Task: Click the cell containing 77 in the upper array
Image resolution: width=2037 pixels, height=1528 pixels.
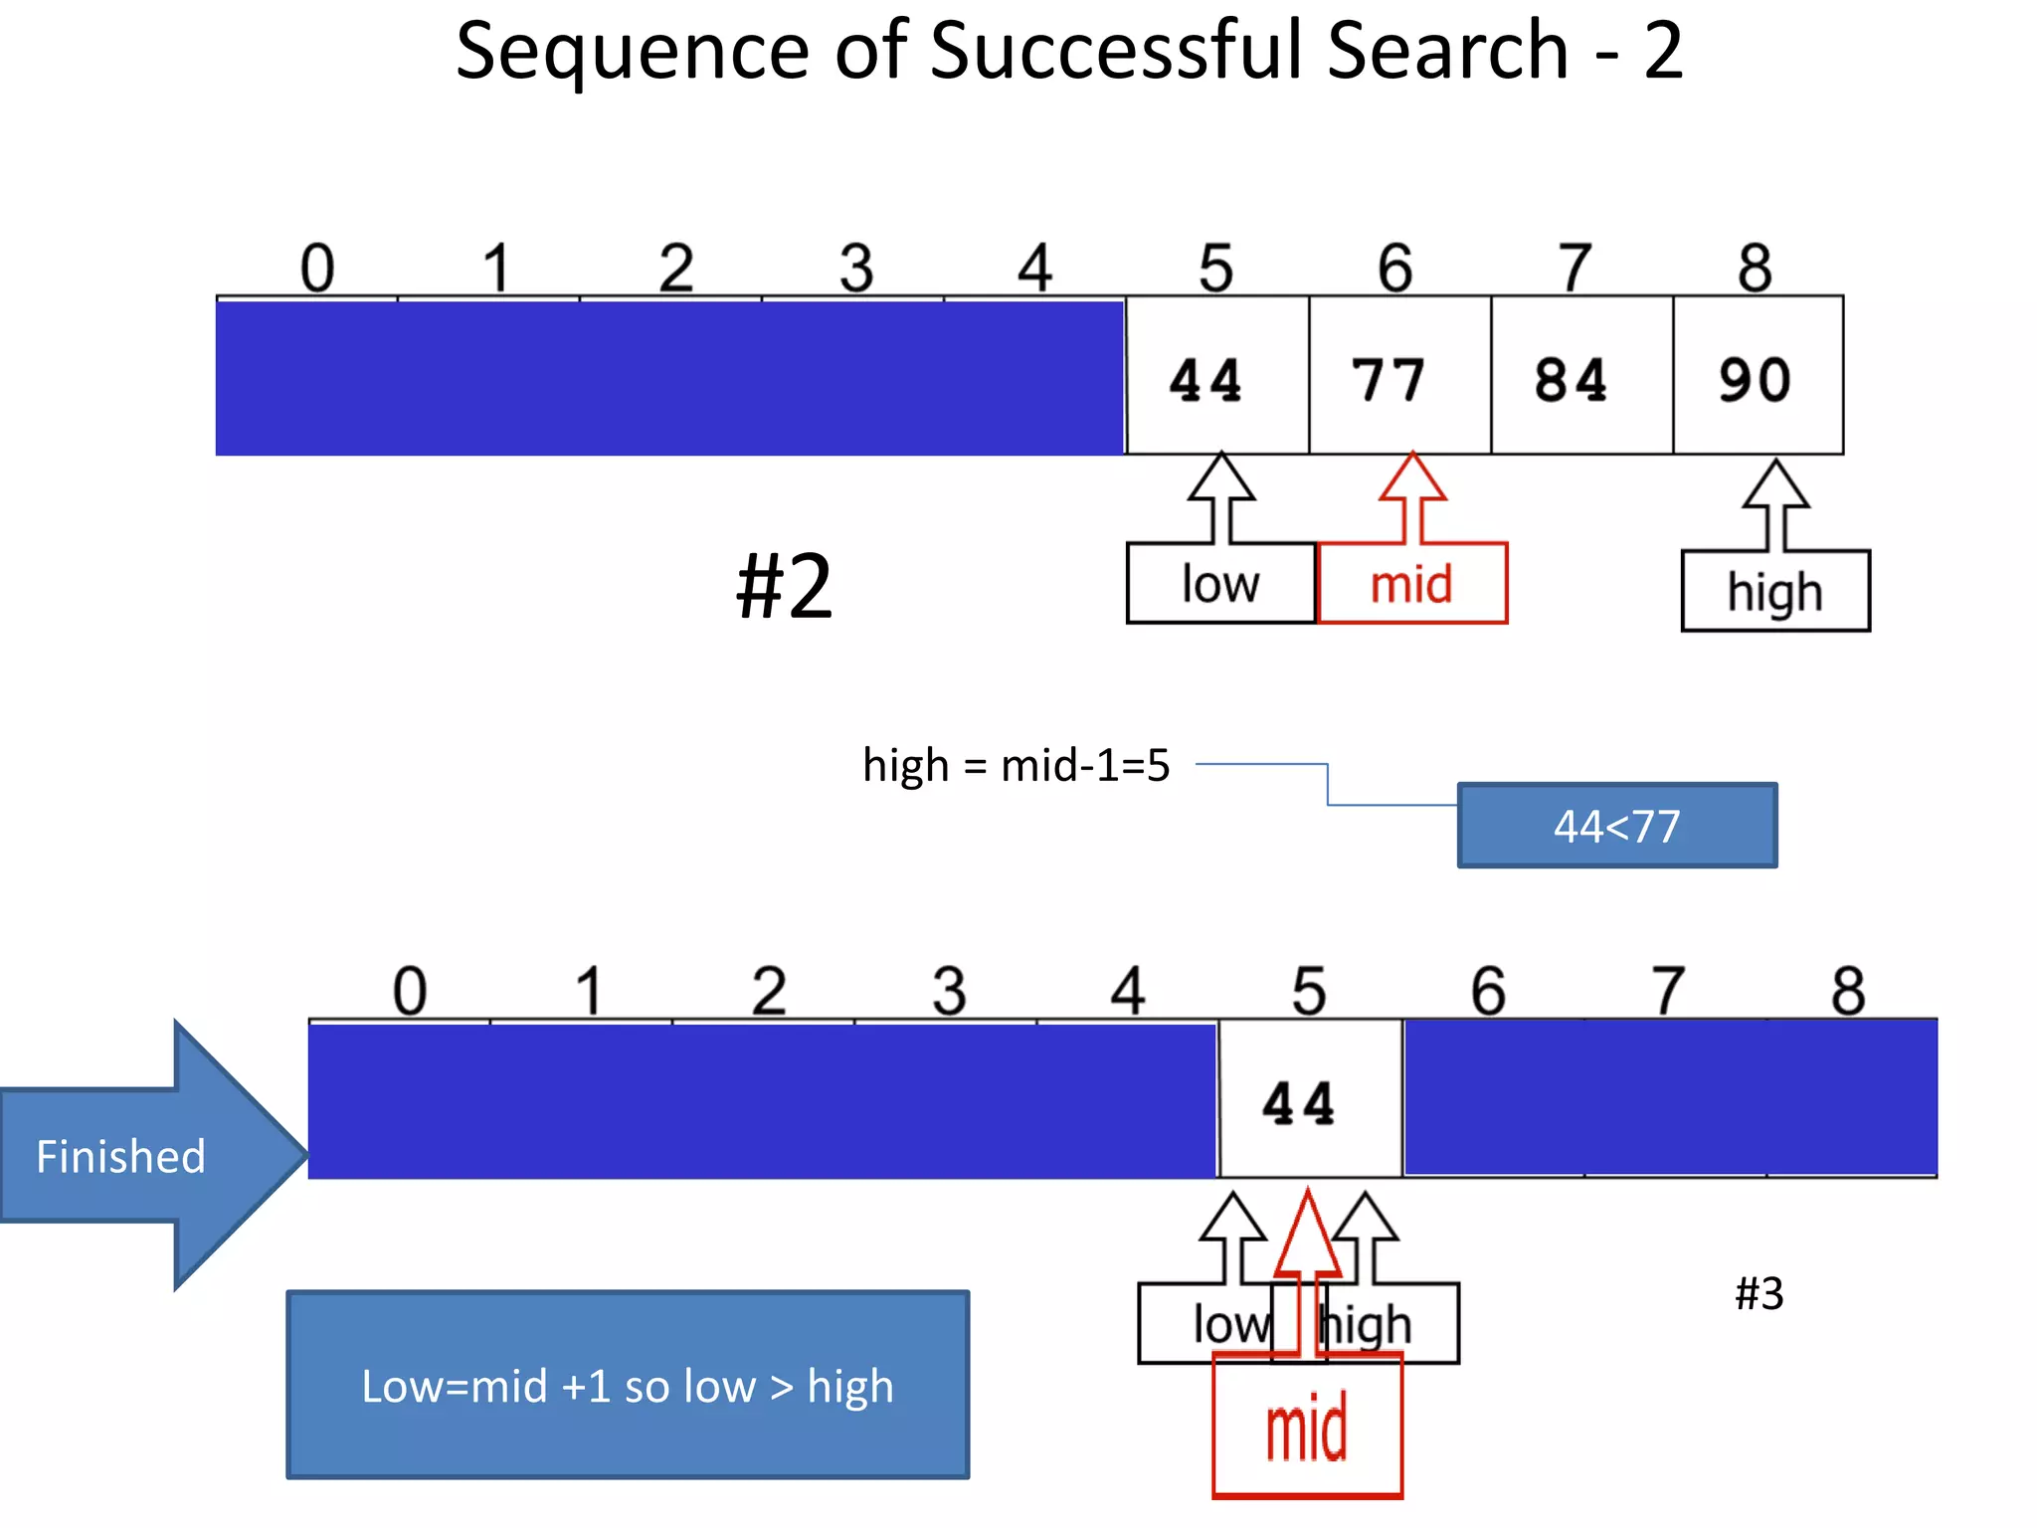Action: [x=1398, y=376]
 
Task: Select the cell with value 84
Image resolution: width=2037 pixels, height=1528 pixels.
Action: [x=1580, y=376]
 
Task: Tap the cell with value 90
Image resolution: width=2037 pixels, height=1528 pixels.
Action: [x=1757, y=376]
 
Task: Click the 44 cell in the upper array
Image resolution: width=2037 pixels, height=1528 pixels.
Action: [x=1216, y=376]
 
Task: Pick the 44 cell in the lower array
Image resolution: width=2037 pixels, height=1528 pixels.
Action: [x=1309, y=1099]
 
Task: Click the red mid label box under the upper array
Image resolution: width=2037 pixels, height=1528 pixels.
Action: [x=1411, y=584]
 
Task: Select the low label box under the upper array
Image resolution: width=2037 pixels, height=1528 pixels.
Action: [x=1220, y=584]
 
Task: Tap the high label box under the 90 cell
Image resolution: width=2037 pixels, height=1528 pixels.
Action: [x=1774, y=591]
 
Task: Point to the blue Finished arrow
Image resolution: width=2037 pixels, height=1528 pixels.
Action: [x=139, y=1155]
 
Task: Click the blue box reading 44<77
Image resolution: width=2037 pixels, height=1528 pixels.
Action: [x=1616, y=826]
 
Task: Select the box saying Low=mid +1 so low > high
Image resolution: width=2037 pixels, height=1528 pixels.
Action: [x=628, y=1385]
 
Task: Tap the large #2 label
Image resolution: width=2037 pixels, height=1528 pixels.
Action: [x=784, y=587]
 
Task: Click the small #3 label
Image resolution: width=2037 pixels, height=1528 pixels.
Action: [x=1759, y=1293]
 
